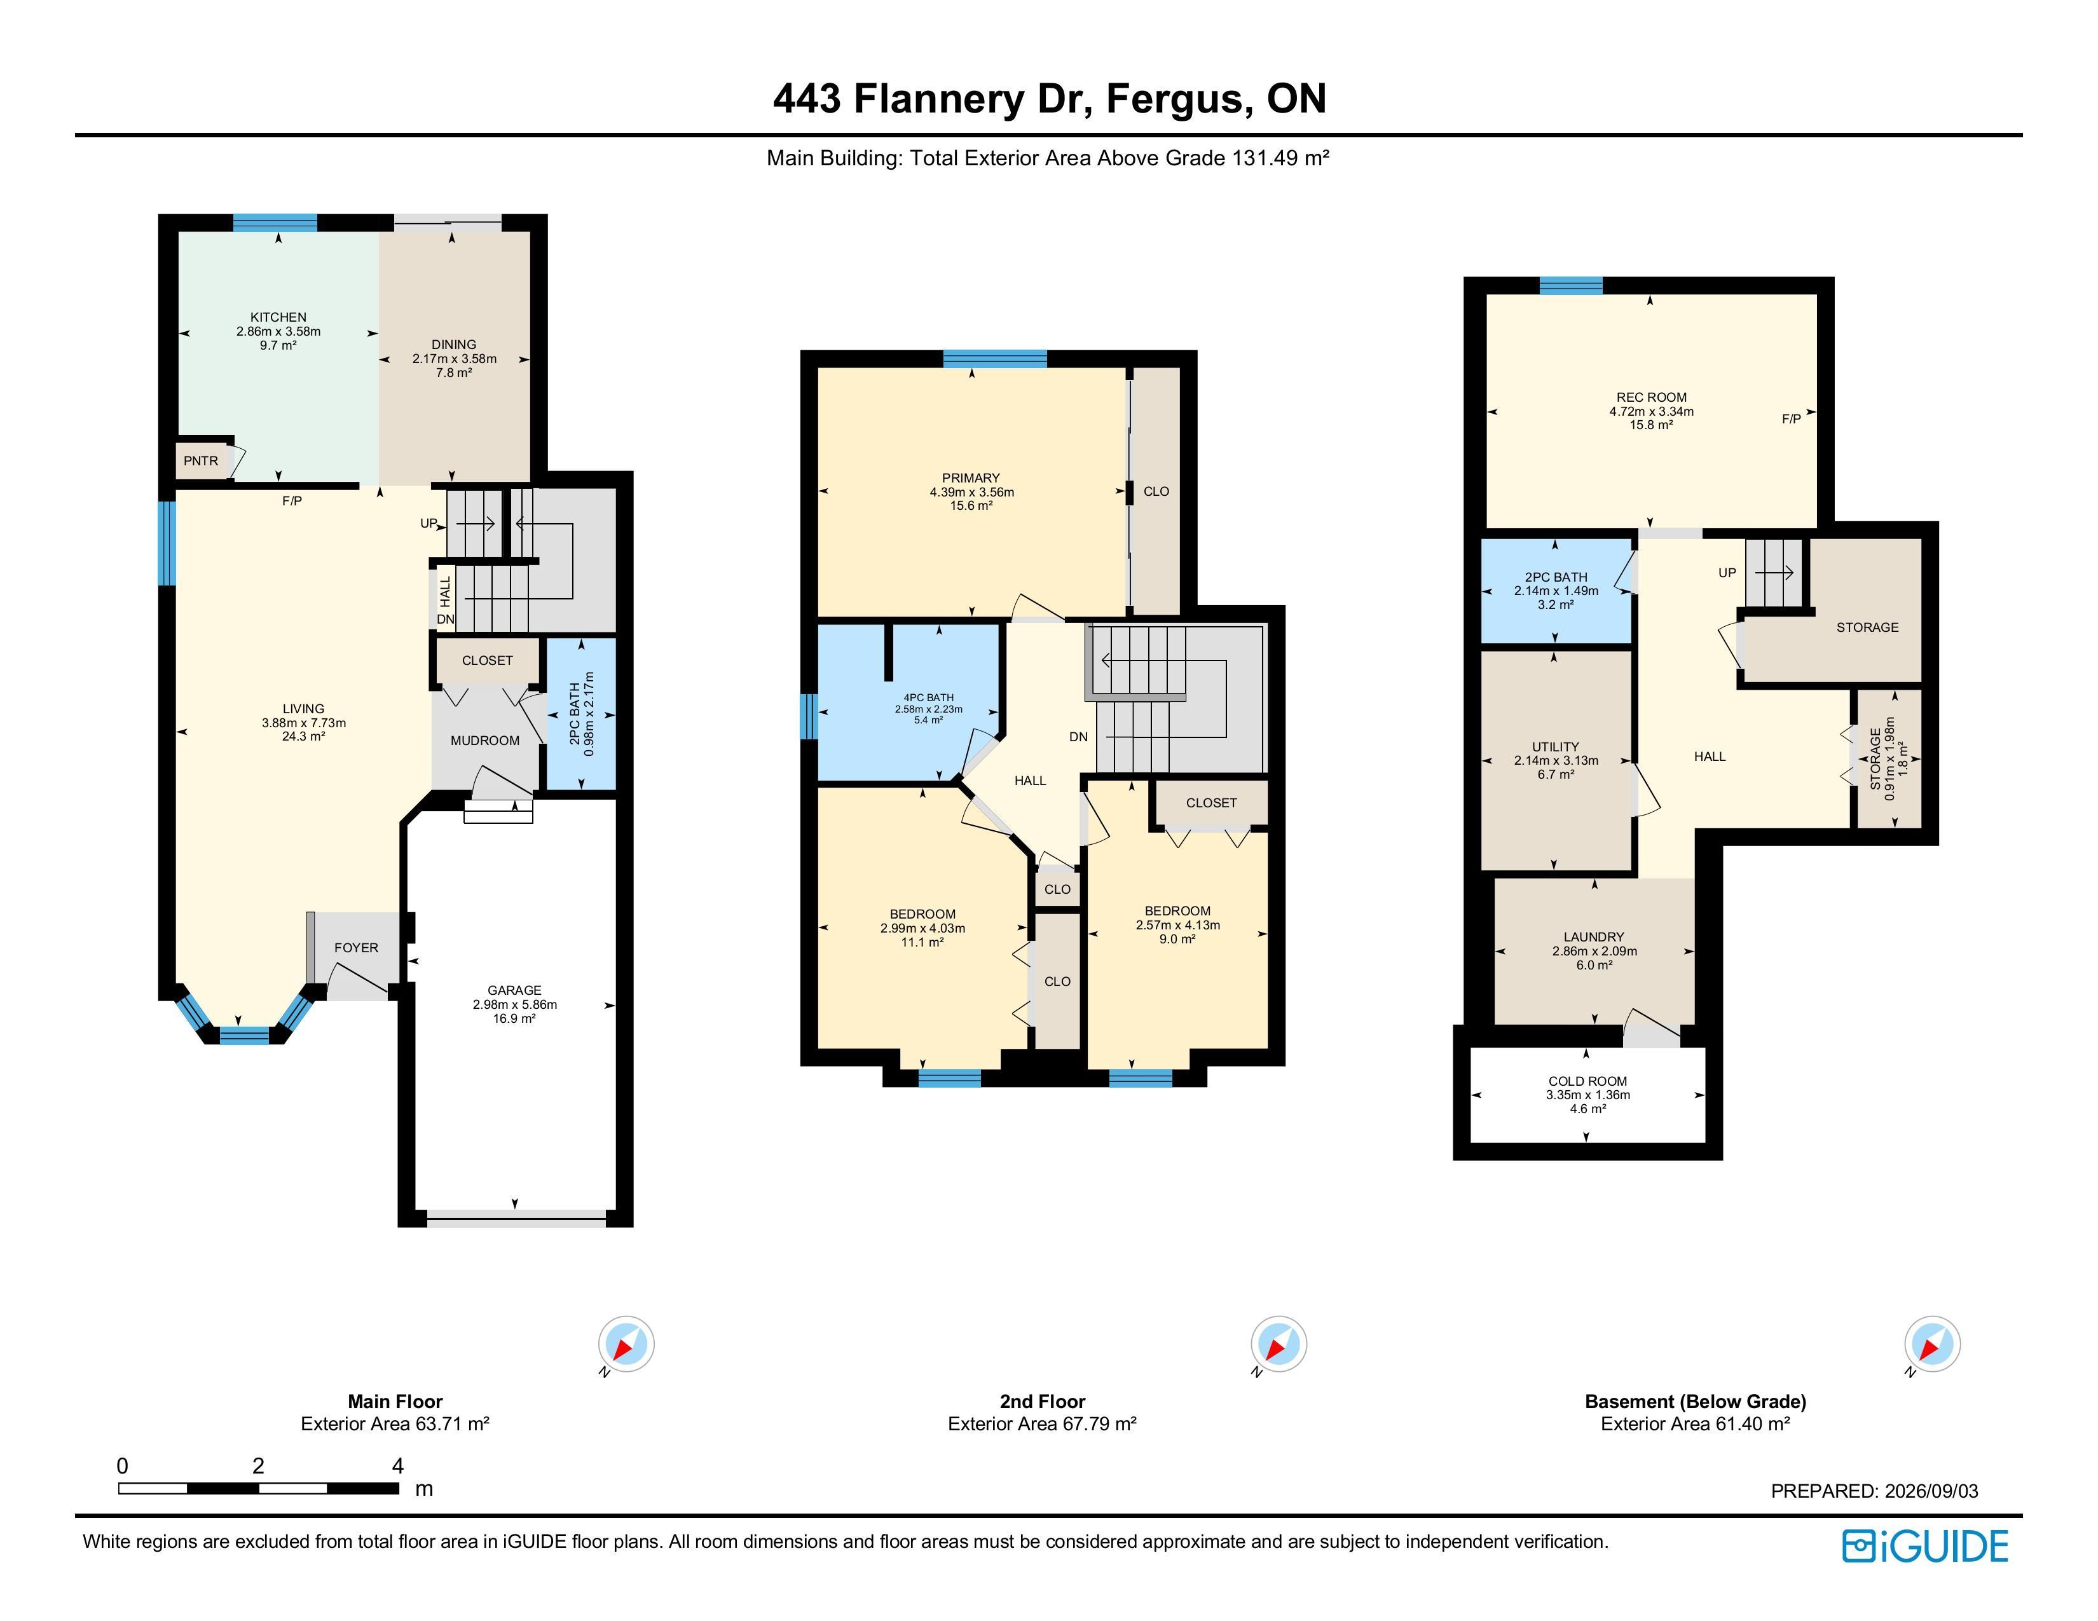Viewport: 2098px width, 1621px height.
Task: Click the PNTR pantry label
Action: coord(201,461)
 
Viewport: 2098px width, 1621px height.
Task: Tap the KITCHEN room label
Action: coord(278,317)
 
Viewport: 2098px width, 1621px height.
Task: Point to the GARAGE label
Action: coord(515,990)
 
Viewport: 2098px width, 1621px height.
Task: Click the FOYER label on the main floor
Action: coord(357,948)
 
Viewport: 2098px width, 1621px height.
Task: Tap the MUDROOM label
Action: coord(485,741)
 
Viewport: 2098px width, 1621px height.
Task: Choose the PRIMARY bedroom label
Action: coord(971,478)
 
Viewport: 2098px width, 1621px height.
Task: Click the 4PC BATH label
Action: coord(928,698)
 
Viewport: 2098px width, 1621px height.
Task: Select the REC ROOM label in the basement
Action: coord(1651,397)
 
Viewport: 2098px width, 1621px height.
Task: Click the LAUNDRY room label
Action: coord(1594,937)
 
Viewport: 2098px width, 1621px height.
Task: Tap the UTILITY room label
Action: coord(1555,747)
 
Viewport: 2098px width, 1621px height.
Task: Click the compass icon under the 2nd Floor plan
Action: coord(1278,1343)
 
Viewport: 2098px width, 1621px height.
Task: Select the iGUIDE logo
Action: coord(1925,1546)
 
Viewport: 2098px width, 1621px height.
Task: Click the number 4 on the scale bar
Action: coord(398,1465)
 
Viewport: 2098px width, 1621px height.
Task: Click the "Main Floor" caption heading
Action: coord(395,1401)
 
